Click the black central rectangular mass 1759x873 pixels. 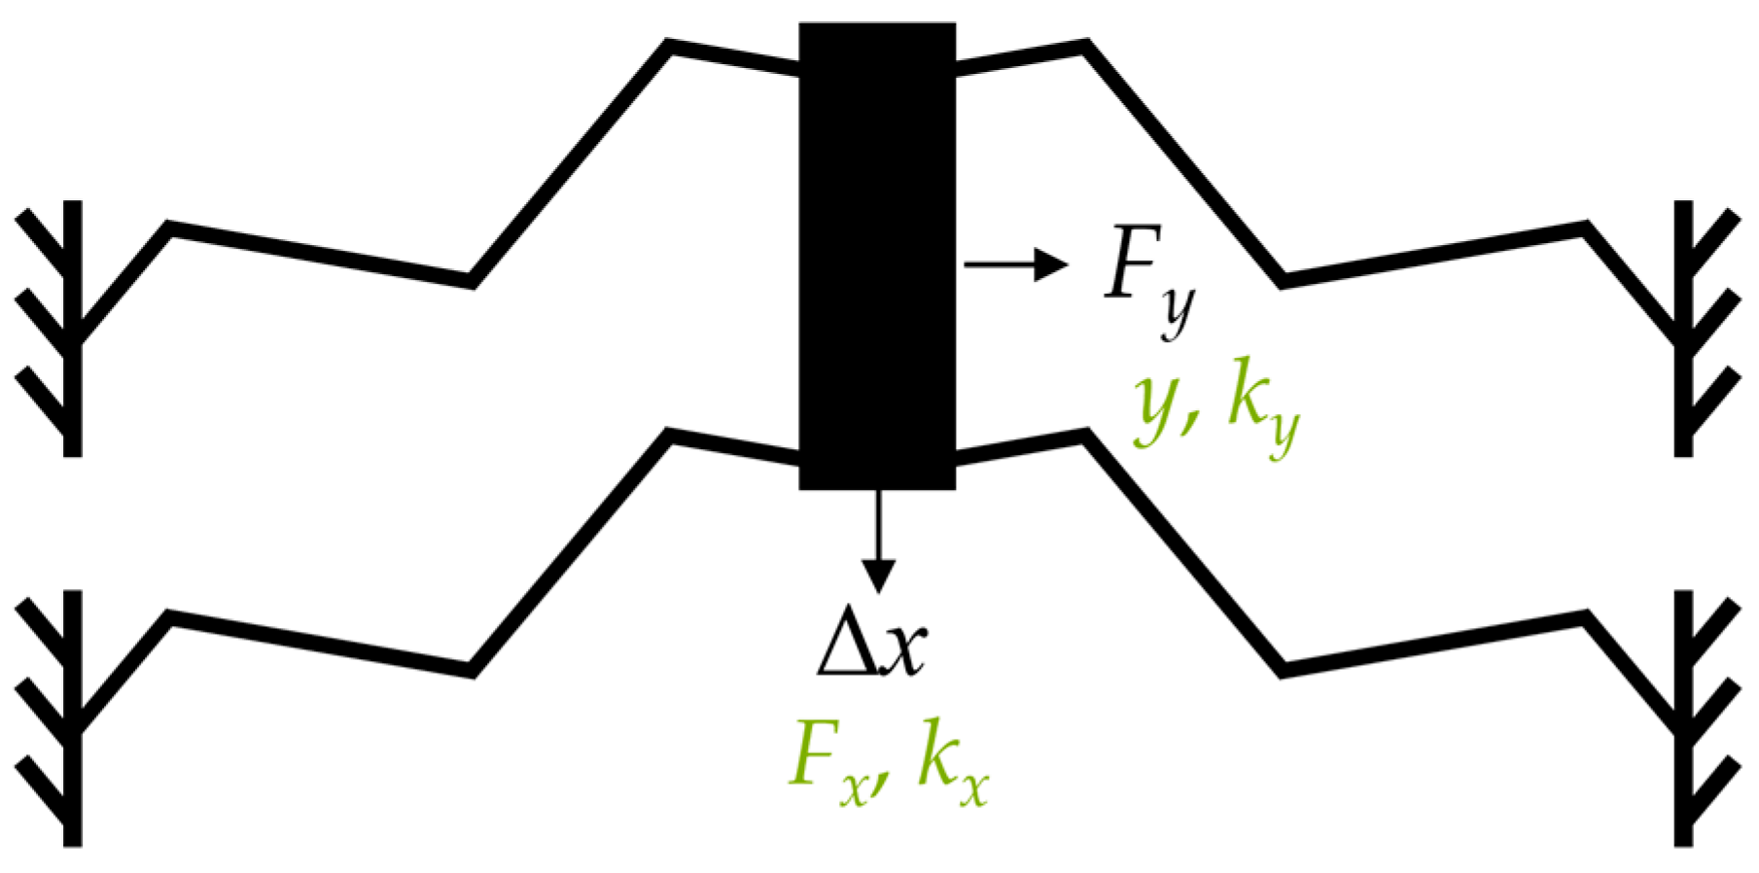tap(877, 255)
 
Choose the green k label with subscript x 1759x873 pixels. tap(952, 767)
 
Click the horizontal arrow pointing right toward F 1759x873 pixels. tap(1015, 263)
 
